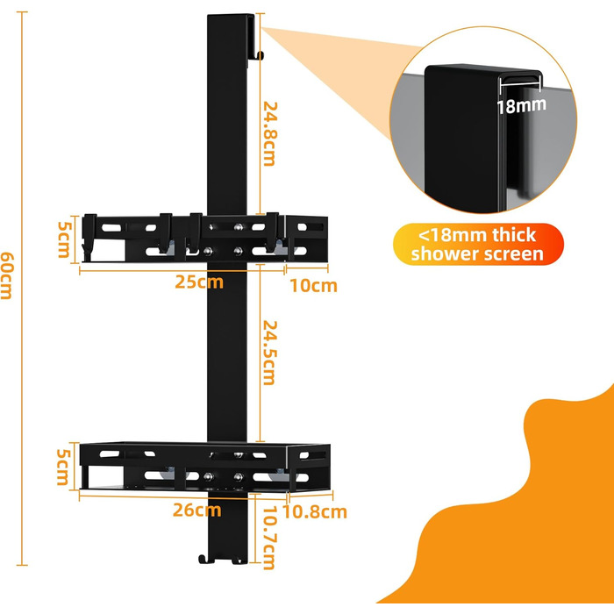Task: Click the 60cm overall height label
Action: point(7,275)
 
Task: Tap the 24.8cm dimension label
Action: point(270,134)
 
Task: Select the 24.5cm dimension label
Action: point(270,353)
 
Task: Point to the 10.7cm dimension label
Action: point(270,537)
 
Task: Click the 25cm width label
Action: point(199,282)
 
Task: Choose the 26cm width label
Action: point(197,510)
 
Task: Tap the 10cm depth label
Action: point(313,285)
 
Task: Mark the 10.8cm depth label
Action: point(315,511)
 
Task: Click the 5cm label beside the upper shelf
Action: point(65,239)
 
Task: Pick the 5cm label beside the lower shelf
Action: point(64,467)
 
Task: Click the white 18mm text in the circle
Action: point(521,106)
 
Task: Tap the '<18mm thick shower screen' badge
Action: point(478,245)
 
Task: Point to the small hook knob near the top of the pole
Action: point(261,55)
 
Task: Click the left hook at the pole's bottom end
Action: point(205,560)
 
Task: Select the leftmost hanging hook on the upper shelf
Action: point(89,237)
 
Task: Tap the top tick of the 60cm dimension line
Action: point(22,12)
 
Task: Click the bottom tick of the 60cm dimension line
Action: point(22,565)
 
